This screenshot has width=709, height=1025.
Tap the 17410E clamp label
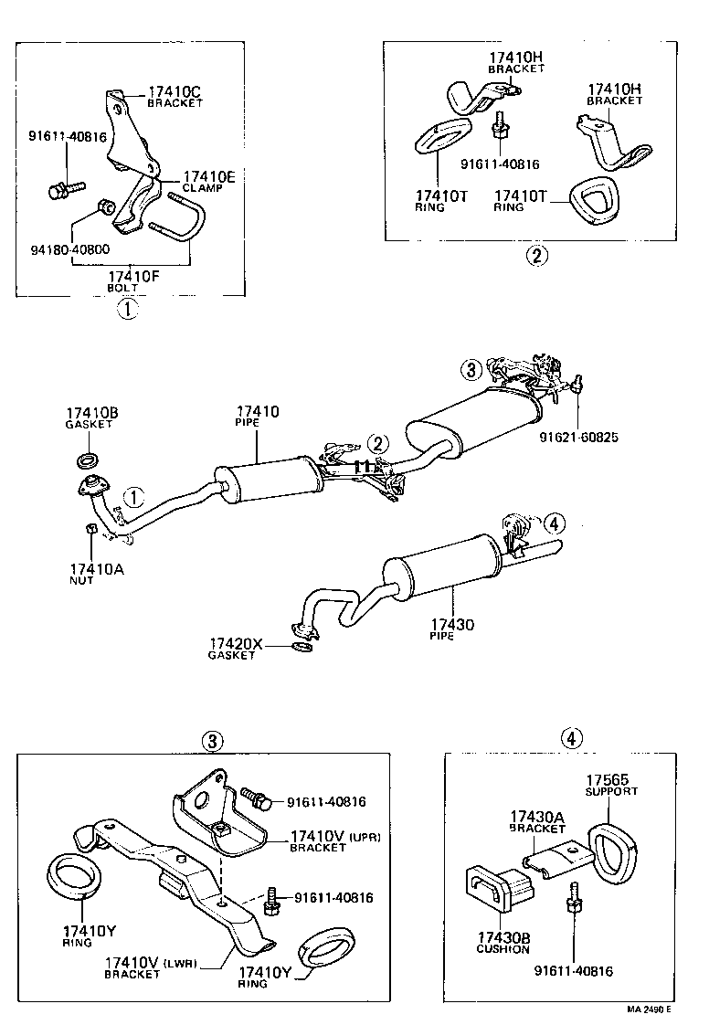[209, 177]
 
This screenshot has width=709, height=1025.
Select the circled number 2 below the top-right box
[536, 256]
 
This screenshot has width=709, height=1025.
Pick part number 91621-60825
[577, 438]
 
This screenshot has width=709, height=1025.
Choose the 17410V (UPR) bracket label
[333, 836]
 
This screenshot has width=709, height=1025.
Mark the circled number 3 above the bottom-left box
[212, 741]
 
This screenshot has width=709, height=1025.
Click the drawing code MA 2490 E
[649, 1009]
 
